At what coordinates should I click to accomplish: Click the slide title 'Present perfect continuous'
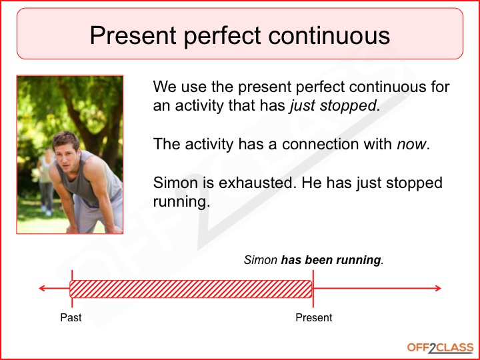point(239,35)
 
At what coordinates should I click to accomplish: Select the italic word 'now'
point(409,144)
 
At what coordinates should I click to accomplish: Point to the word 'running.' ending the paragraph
point(181,201)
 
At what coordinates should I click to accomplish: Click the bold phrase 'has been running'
point(331,260)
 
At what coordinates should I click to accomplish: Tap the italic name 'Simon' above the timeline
point(261,260)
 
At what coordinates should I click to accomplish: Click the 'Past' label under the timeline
point(71,317)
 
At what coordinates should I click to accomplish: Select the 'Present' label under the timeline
point(313,317)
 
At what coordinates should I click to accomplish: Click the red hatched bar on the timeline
point(191,289)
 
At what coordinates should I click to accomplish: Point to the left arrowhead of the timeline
point(42,289)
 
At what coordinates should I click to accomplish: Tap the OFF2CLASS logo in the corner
point(440,347)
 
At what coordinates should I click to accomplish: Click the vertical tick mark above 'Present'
point(313,288)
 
